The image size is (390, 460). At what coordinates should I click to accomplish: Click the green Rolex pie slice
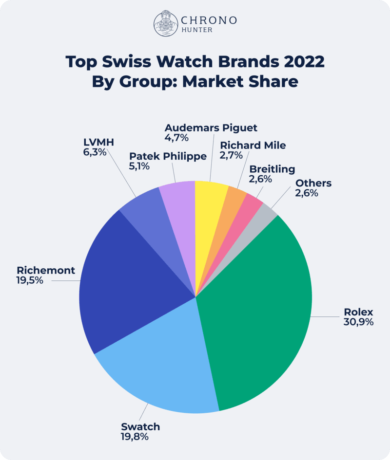tap(258, 312)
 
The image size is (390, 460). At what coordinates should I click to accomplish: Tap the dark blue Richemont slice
tap(127, 277)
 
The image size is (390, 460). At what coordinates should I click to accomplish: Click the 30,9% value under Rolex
tap(358, 322)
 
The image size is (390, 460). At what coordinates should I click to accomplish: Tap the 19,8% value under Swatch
tap(135, 437)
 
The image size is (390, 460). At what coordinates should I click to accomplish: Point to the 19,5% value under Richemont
tap(30, 280)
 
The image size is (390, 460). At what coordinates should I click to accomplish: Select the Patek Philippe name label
tap(168, 156)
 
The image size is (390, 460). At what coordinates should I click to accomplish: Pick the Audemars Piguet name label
tap(211, 128)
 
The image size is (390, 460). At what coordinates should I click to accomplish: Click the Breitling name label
tap(272, 169)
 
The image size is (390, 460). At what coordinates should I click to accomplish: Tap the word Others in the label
tap(313, 183)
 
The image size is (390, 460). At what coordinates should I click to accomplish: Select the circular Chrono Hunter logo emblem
tap(166, 24)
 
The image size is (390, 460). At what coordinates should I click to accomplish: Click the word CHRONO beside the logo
tap(209, 20)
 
